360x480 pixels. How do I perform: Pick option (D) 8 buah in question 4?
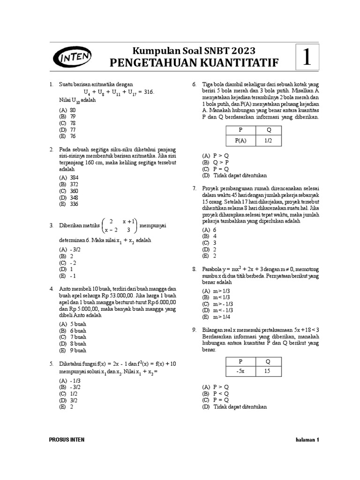click(x=72, y=344)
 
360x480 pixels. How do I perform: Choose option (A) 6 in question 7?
click(x=209, y=230)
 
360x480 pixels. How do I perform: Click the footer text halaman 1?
click(x=307, y=440)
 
